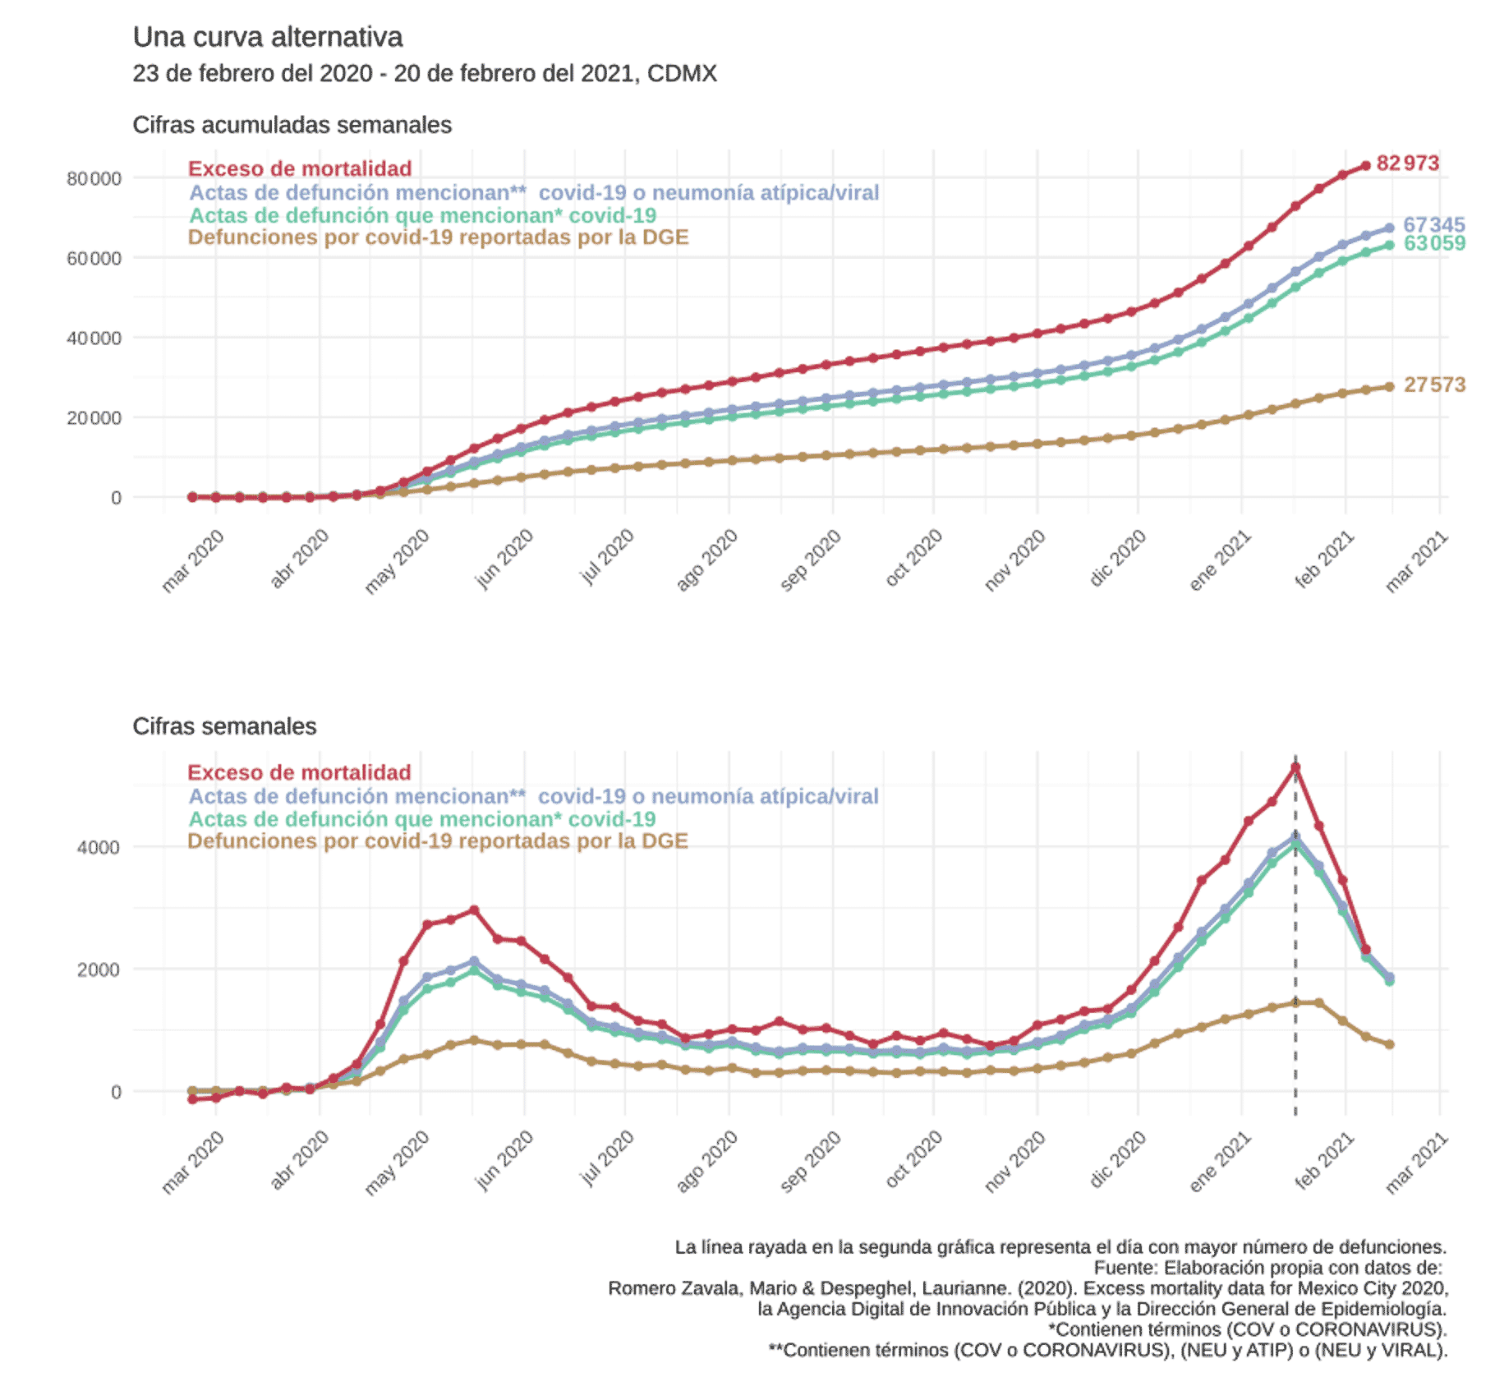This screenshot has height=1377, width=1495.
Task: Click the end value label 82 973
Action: point(1407,163)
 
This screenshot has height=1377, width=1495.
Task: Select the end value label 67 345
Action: point(1433,224)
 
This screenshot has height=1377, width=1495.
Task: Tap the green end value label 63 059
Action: point(1434,243)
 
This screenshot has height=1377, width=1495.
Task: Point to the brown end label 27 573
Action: point(1434,385)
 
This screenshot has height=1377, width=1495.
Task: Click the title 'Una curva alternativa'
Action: point(268,37)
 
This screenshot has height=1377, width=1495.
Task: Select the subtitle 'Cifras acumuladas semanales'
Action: point(292,125)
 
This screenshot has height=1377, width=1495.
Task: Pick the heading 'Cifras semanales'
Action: point(224,726)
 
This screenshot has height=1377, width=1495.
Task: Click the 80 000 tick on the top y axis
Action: point(94,178)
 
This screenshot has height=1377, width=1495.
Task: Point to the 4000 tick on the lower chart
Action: point(99,847)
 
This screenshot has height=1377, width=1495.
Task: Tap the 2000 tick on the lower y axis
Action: point(99,969)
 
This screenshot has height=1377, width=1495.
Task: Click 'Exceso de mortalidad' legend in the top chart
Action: point(300,168)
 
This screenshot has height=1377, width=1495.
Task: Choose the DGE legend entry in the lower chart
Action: point(438,841)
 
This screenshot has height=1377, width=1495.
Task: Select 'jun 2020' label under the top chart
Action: point(505,559)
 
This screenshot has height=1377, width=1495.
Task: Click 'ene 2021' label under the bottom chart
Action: point(1220,1161)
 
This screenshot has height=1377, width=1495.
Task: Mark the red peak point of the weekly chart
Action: point(1295,767)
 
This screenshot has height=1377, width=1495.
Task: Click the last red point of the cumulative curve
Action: point(1365,165)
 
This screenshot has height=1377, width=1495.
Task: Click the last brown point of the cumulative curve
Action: point(1390,386)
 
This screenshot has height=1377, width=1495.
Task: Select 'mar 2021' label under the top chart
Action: point(1416,561)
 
